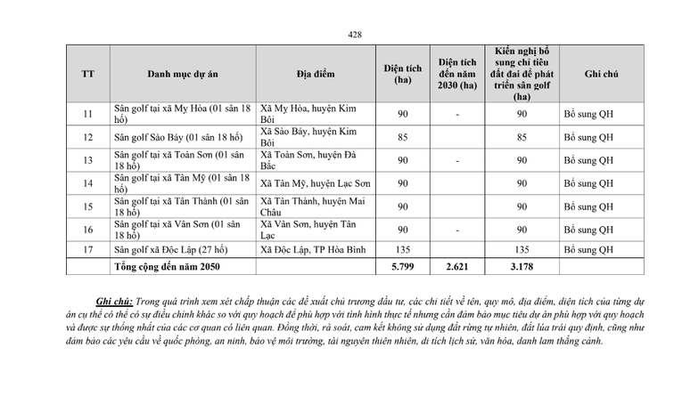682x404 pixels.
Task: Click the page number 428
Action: tap(355, 35)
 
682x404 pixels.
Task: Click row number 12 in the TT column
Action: tap(88, 137)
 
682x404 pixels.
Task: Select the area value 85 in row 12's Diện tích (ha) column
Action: tap(403, 137)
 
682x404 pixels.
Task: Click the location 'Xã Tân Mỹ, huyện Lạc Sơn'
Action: tap(316, 183)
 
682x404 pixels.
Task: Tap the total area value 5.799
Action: tap(403, 266)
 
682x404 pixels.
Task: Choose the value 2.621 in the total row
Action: tap(457, 266)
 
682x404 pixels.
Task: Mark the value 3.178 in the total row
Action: tap(522, 266)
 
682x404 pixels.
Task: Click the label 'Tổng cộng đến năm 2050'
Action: tap(167, 266)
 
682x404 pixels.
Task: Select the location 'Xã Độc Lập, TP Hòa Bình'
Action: tap(313, 249)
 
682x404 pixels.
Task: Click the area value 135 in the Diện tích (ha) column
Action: tap(403, 249)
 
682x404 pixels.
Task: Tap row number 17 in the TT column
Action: tap(88, 249)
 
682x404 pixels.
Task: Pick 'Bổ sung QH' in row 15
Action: tap(589, 206)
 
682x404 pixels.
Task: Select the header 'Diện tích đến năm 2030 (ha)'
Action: tap(457, 74)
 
